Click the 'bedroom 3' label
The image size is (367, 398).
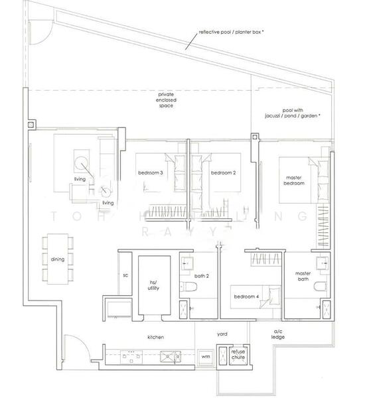(151, 172)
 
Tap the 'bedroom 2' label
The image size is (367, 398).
(224, 172)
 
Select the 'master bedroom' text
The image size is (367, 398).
(295, 180)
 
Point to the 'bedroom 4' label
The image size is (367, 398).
(246, 297)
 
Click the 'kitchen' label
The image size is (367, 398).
(156, 337)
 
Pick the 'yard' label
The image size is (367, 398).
(223, 334)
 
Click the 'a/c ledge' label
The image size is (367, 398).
(278, 334)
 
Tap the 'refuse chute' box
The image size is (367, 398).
(238, 356)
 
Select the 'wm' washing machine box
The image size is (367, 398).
(205, 356)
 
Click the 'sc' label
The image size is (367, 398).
(125, 274)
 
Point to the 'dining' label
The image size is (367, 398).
(57, 259)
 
